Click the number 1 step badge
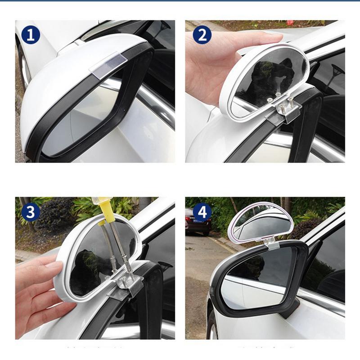coord(31,35)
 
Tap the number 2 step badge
coord(202,35)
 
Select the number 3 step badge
coord(31,212)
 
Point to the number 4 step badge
coord(202,212)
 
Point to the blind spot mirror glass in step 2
coord(270,76)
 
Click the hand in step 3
coord(40,292)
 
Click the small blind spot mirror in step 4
coord(261,225)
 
